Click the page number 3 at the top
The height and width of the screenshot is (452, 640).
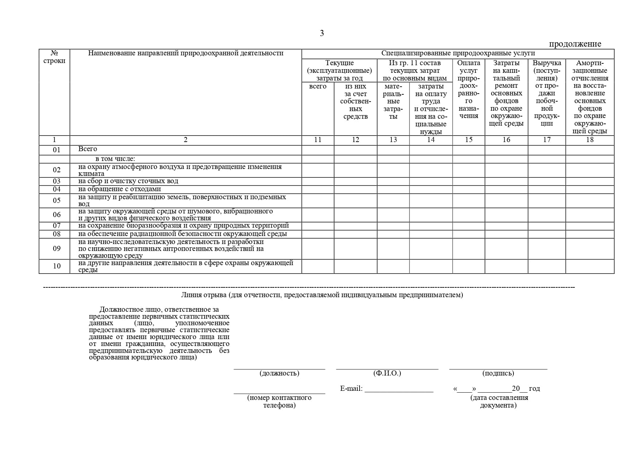322,34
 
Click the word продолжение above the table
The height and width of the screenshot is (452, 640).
575,44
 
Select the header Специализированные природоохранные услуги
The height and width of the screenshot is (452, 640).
458,53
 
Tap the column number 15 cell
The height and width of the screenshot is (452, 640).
469,140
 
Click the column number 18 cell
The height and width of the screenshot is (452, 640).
590,140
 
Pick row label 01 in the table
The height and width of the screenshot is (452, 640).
57,150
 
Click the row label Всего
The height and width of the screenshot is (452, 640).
88,149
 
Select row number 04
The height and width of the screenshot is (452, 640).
57,189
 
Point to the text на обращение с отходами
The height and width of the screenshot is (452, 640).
119,189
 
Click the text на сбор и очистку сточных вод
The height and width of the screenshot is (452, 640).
128,181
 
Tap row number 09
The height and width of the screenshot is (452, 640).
57,249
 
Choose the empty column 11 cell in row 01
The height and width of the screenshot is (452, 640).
318,150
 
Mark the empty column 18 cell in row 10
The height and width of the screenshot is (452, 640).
590,266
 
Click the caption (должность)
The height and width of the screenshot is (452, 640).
279,373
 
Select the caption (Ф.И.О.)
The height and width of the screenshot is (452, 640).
387,373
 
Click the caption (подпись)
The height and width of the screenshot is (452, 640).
498,373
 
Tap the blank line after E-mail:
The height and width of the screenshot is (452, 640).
399,389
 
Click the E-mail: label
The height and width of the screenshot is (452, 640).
351,389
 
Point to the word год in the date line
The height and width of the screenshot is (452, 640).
534,389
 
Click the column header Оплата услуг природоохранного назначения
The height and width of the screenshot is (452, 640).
469,89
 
